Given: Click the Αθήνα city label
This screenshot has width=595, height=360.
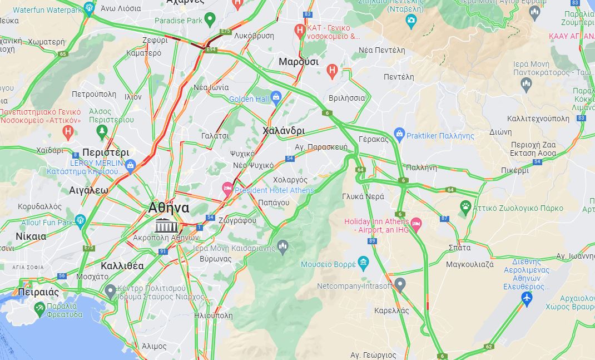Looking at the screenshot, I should [x=168, y=208].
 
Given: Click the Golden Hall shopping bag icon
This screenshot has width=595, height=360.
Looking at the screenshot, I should [x=276, y=99].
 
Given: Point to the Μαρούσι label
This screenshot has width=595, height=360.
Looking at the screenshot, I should [x=299, y=62].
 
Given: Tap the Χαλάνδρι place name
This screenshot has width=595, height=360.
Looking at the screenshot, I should [x=284, y=131].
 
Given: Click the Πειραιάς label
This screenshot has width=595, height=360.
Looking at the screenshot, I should [x=38, y=292].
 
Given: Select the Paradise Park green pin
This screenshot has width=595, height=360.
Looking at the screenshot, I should [x=210, y=21].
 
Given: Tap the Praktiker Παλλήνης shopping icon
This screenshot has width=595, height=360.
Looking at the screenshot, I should [x=399, y=135].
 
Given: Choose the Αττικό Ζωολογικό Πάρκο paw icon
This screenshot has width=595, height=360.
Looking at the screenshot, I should [x=465, y=208].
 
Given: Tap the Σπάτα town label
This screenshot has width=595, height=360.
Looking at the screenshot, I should [x=459, y=248].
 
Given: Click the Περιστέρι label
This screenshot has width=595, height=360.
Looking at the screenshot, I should [x=105, y=152].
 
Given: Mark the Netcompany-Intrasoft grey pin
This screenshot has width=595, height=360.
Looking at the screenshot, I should [x=400, y=285].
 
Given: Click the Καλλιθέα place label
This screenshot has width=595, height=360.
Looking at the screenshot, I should [x=122, y=265].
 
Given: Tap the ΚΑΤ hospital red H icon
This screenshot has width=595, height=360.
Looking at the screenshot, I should [x=300, y=29].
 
